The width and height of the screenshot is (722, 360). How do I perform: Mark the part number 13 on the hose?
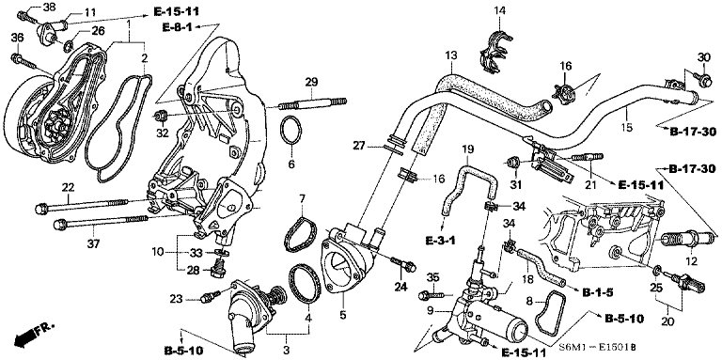(x=452, y=56)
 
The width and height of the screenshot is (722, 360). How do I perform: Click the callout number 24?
(x=400, y=286)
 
